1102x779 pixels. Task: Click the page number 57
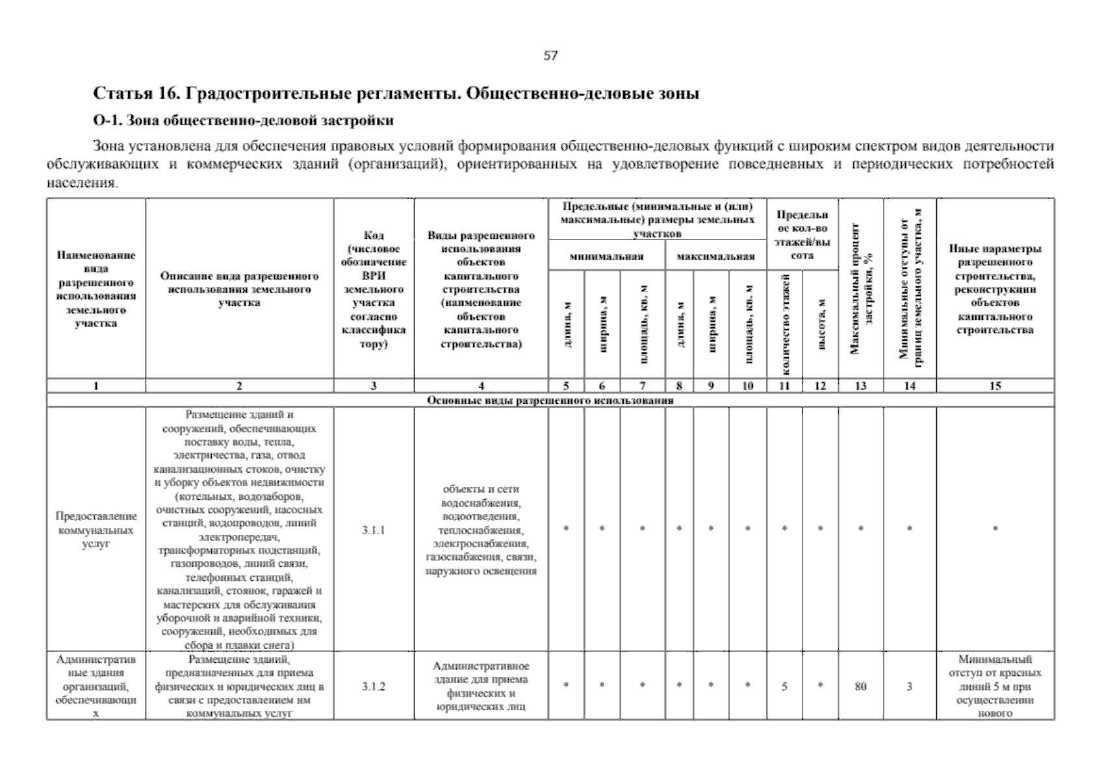click(550, 56)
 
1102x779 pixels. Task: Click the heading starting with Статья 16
click(396, 93)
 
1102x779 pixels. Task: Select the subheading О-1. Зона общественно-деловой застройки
click(244, 120)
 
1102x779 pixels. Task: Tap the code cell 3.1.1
click(374, 530)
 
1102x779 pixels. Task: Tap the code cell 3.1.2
click(374, 686)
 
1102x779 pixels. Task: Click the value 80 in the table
click(860, 686)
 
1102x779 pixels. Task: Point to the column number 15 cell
click(995, 386)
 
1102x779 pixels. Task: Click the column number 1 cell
click(96, 386)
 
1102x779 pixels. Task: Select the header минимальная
click(606, 256)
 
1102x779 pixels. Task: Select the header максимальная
click(715, 256)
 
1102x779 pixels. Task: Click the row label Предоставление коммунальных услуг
click(96, 530)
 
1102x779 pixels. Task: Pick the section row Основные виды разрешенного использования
click(550, 401)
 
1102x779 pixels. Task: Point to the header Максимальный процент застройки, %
click(860, 289)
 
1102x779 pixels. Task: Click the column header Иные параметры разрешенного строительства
click(995, 289)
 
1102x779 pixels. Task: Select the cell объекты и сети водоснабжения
click(481, 530)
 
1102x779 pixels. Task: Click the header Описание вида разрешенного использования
click(239, 289)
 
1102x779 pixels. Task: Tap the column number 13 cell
click(860, 386)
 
